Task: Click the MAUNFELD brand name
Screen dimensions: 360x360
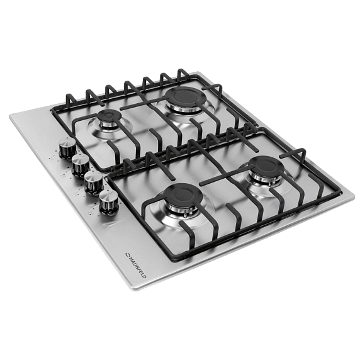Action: click(x=138, y=267)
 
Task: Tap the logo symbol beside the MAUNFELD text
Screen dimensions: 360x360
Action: click(x=127, y=254)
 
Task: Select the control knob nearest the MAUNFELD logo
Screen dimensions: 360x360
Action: click(x=108, y=201)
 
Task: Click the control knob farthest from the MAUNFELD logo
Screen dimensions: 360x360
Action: click(x=68, y=148)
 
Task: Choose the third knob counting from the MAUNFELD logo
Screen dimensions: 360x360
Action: click(x=81, y=165)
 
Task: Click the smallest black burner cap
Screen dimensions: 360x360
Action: click(x=108, y=115)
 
